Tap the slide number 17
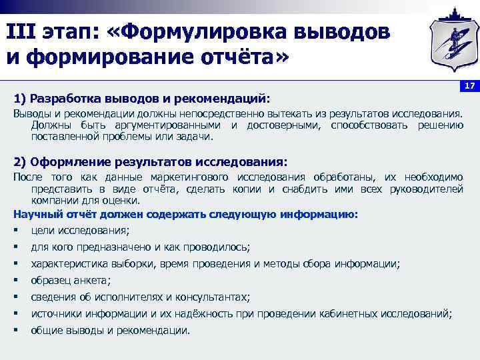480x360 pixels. [469, 87]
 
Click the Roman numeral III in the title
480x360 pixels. [22, 31]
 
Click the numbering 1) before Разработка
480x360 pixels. [19, 99]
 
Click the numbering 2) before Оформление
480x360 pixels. [19, 162]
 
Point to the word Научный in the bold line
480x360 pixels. [33, 214]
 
